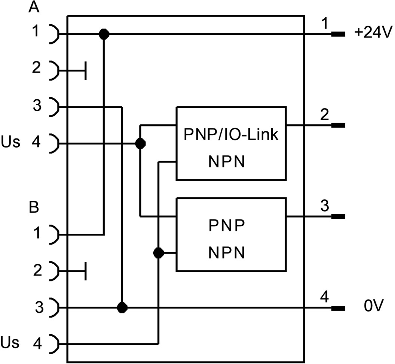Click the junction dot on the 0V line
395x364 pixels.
(122, 308)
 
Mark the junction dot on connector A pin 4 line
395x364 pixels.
(140, 143)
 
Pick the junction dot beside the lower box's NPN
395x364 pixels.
(159, 253)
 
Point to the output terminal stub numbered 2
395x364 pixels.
(338, 125)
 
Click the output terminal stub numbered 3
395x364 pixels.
(338, 216)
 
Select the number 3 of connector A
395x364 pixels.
(36, 106)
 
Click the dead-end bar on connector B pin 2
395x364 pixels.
(86, 271)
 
